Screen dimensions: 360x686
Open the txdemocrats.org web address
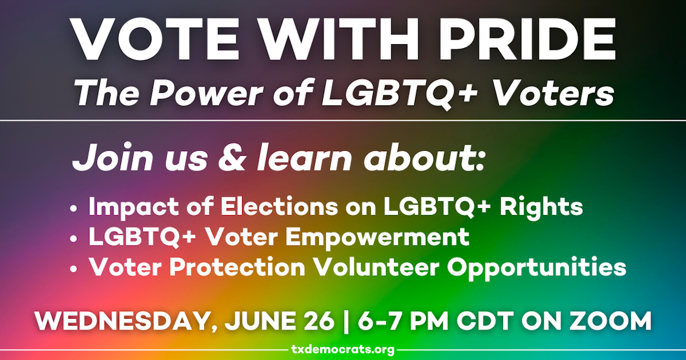click(x=342, y=349)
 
